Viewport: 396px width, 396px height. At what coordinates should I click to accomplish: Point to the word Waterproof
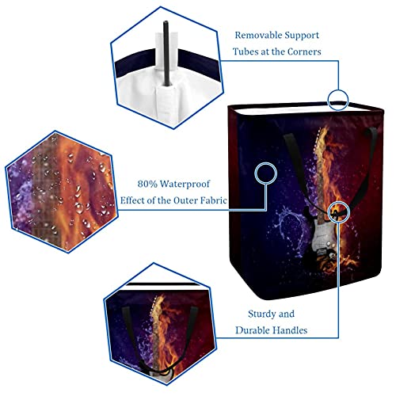[185, 184]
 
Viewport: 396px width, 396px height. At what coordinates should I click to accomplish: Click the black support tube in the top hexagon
[166, 53]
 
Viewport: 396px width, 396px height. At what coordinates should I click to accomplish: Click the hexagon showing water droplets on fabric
[62, 192]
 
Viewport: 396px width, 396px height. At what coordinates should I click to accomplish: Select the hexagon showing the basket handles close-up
[160, 324]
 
